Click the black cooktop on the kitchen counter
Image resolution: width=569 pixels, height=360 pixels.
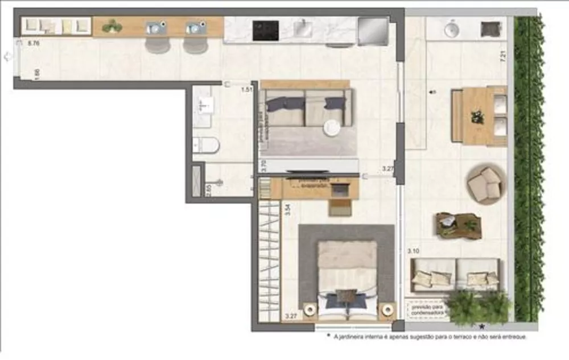click(x=265, y=30)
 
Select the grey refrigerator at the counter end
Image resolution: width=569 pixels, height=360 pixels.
click(x=372, y=30)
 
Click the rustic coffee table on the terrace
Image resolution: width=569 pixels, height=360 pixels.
click(x=457, y=225)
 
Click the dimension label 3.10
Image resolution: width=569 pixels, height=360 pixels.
click(x=414, y=251)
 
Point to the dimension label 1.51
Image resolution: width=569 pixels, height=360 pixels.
click(x=246, y=89)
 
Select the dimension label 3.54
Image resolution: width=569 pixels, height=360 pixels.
click(x=288, y=209)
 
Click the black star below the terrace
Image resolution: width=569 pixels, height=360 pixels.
click(x=483, y=326)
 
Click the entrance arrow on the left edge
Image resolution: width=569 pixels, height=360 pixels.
click(x=7, y=56)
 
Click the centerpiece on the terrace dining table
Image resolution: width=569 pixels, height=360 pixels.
click(x=476, y=117)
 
